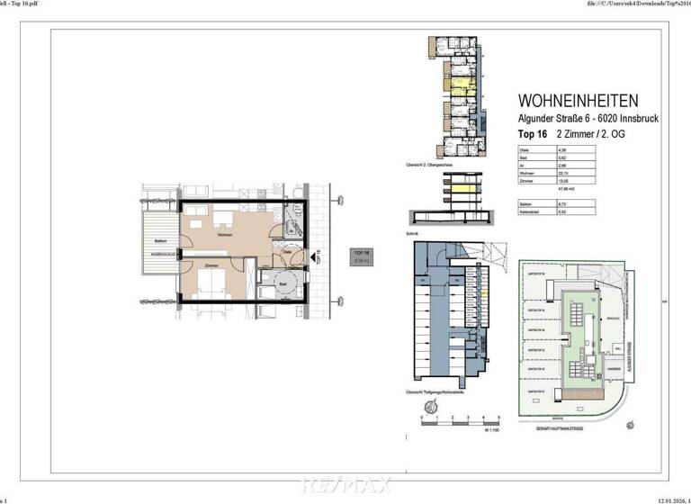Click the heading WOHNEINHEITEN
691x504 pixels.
(579, 101)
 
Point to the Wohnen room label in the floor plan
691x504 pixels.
(225, 235)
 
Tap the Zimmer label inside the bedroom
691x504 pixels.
(212, 266)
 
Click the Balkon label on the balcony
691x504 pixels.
(160, 242)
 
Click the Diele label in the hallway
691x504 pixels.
(285, 254)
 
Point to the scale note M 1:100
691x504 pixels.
(491, 432)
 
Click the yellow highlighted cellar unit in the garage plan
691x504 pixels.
(484, 292)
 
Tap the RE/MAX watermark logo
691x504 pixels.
(346, 486)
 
